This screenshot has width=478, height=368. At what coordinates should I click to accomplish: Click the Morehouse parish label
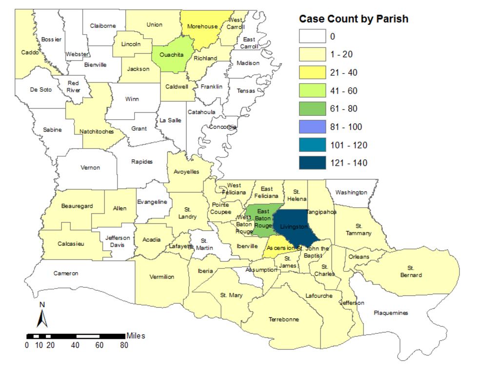click(x=202, y=26)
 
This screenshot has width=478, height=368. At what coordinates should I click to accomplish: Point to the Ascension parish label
click(x=280, y=248)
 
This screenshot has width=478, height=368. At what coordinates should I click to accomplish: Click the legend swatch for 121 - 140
click(x=312, y=163)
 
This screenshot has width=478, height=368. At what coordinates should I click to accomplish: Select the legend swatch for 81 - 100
click(x=312, y=127)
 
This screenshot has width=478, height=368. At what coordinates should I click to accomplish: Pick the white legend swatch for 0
click(x=312, y=37)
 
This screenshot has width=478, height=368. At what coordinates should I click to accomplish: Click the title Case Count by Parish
click(x=353, y=19)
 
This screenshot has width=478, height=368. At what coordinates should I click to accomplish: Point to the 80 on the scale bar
click(x=124, y=345)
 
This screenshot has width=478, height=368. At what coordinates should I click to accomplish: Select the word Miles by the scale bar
click(x=136, y=336)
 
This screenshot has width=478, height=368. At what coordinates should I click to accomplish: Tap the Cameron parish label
click(x=65, y=273)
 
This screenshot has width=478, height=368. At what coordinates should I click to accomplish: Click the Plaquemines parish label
click(x=391, y=313)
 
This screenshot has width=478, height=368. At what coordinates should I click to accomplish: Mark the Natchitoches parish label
click(x=97, y=131)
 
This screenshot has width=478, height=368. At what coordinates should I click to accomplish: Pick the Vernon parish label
click(x=90, y=168)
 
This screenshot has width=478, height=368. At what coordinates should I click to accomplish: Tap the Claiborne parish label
click(x=103, y=26)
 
